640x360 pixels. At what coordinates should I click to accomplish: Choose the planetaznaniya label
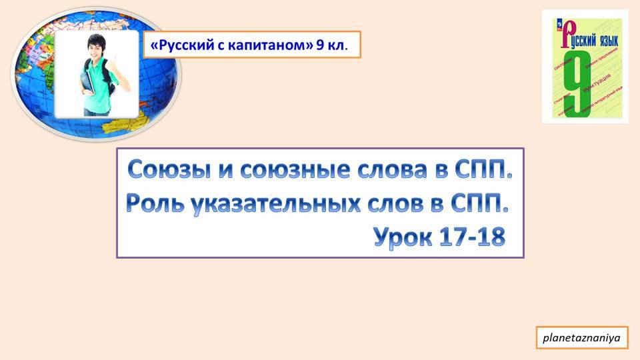[581, 339]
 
